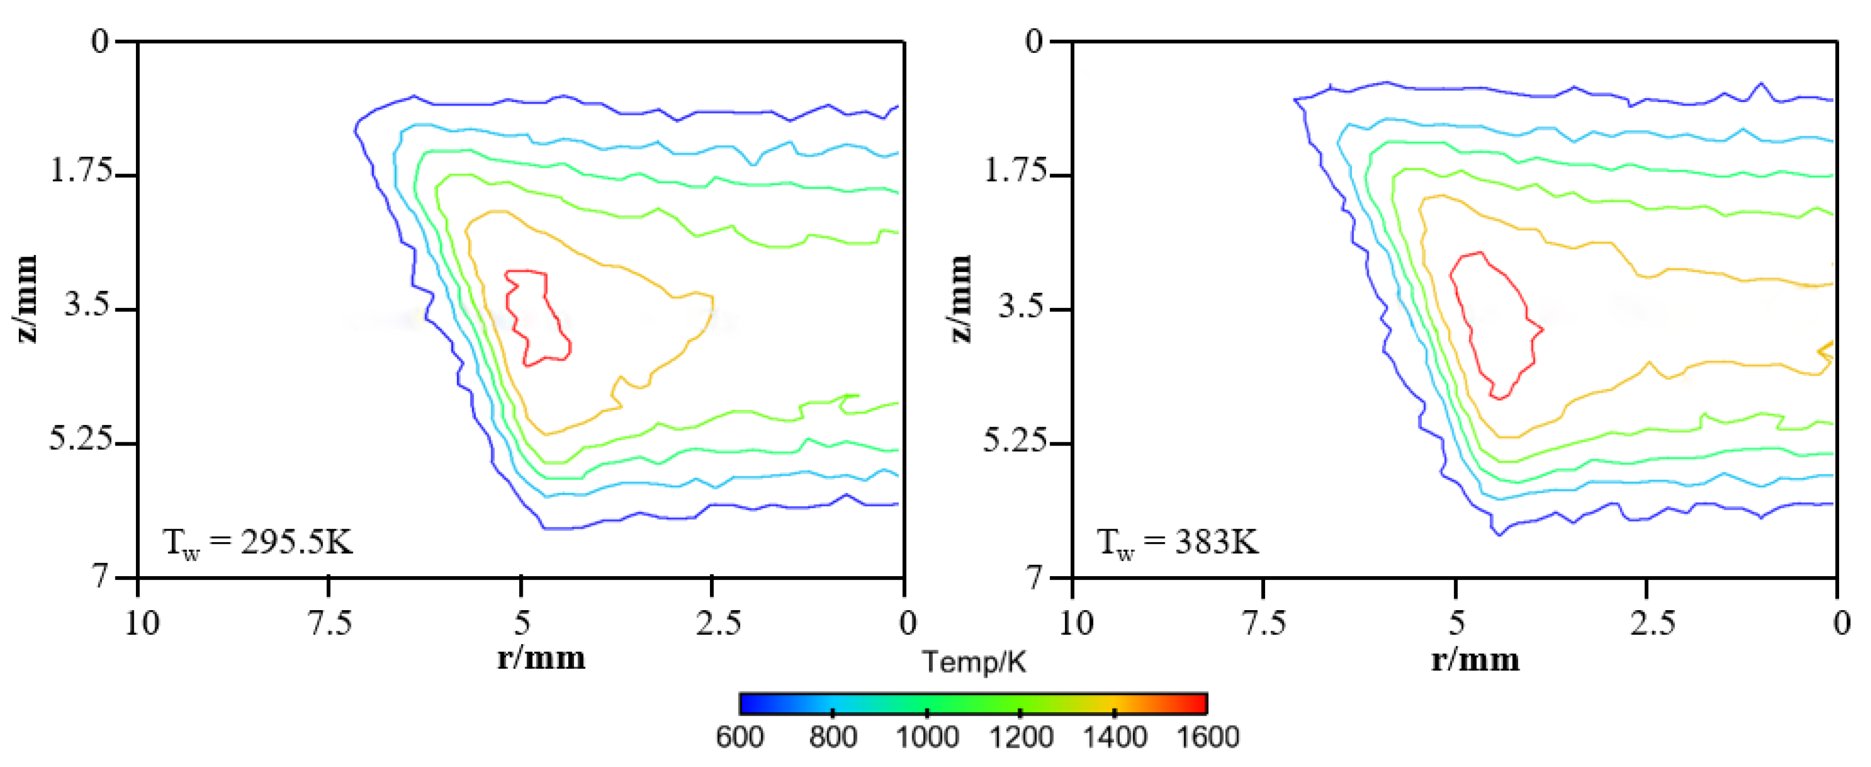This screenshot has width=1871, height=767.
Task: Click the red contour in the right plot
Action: pos(1479,254)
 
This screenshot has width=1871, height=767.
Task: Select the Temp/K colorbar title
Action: pos(974,662)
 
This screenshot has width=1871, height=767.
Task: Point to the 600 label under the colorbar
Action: pos(739,737)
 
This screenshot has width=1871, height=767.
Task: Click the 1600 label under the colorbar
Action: pos(1207,737)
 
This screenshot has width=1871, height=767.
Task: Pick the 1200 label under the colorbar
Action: pos(1020,737)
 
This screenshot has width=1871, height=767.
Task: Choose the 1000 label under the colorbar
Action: pos(927,737)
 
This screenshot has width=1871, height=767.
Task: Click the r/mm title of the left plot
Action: pos(541,658)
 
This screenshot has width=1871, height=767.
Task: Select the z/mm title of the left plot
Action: pos(26,299)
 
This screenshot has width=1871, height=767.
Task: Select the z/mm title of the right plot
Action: pos(960,299)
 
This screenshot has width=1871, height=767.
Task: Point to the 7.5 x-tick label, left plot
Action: pos(330,623)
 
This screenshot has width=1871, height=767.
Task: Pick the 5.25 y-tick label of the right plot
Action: pos(1015,439)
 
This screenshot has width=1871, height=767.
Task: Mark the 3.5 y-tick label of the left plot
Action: pos(88,304)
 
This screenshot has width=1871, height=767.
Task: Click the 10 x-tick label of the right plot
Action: pos(1076,623)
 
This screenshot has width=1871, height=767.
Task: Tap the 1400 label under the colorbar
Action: pos(1114,737)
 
